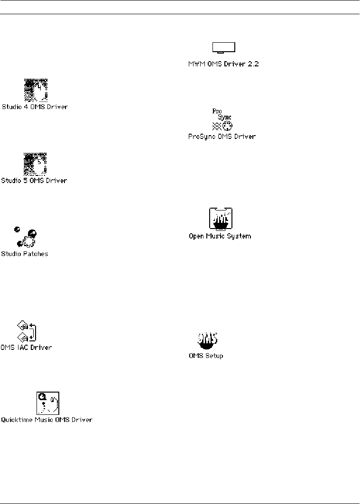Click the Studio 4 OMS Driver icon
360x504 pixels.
[x=36, y=90]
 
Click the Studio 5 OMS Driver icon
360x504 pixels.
[x=36, y=163]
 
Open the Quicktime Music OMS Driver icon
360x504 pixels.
[x=47, y=403]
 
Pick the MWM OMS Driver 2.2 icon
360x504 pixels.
[x=223, y=48]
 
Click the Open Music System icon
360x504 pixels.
[x=221, y=219]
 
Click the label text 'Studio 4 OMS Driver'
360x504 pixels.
[x=35, y=107]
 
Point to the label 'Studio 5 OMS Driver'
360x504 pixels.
[x=35, y=181]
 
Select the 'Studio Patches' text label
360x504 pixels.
[x=25, y=254]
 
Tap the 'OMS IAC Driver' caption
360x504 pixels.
[x=26, y=348]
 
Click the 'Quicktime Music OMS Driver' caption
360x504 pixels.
[x=46, y=420]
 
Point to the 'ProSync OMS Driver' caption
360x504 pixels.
[x=222, y=137]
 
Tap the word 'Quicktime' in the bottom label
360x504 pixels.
[x=14, y=420]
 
